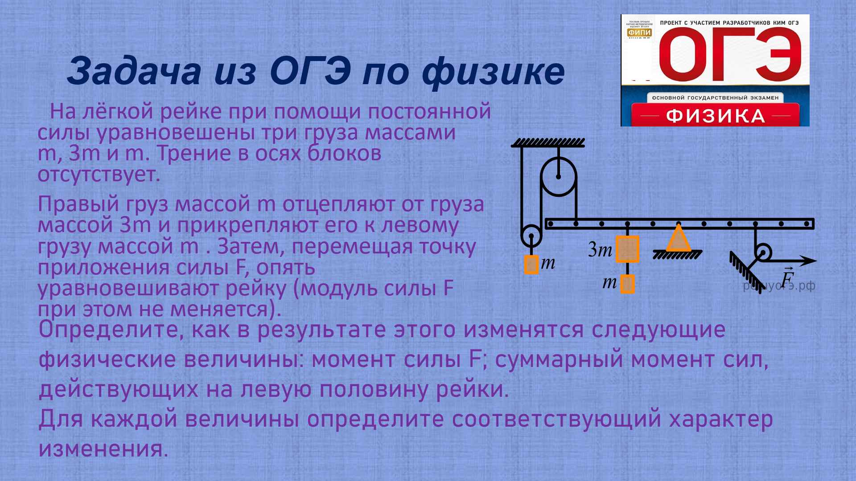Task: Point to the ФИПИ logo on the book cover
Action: [x=639, y=33]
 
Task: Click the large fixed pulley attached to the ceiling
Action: [x=559, y=177]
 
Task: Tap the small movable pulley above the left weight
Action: [x=531, y=236]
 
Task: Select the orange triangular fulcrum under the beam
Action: [x=678, y=239]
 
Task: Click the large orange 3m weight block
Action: [x=627, y=249]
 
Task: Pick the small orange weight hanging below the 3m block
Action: [x=627, y=284]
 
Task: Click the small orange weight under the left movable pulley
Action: [x=531, y=265]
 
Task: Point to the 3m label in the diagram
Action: [x=600, y=250]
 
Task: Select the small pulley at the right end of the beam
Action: [x=763, y=253]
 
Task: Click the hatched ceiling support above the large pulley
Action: [x=547, y=143]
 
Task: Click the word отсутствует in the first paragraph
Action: [x=99, y=174]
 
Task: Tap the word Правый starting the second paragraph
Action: [x=78, y=204]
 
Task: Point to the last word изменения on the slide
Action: [x=103, y=449]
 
